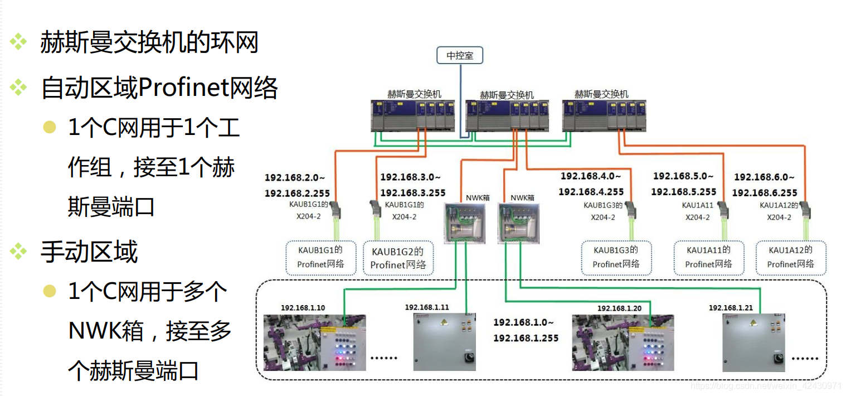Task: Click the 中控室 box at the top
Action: tap(460, 55)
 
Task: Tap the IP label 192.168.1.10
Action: tap(303, 308)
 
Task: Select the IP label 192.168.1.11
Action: tap(426, 307)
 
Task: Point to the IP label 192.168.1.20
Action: tap(619, 308)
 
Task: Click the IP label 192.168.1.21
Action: tap(731, 308)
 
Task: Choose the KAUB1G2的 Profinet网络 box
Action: tap(398, 258)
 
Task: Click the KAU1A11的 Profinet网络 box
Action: tap(708, 257)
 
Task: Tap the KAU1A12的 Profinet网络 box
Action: tap(790, 257)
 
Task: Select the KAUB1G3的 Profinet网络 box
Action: tap(615, 257)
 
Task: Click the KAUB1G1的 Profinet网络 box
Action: tap(320, 257)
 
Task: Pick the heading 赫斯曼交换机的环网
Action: tap(149, 42)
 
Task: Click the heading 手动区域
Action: tap(89, 252)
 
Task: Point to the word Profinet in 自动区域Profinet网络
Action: tap(183, 88)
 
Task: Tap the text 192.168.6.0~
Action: tap(764, 177)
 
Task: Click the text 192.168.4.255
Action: tap(591, 192)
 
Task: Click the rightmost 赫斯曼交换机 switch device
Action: tap(604, 116)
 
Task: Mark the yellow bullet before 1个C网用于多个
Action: tap(50, 291)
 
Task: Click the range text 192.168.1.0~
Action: tap(523, 322)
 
